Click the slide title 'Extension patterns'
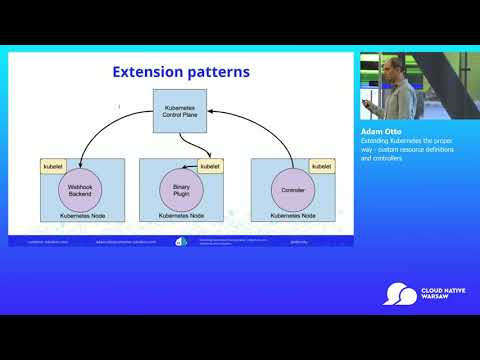click(x=180, y=72)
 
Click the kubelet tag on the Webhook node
click(x=52, y=165)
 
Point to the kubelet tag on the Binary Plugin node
click(x=210, y=165)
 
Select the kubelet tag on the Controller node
click(x=320, y=165)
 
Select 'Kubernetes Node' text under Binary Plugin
click(x=180, y=216)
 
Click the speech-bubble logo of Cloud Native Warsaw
click(x=401, y=294)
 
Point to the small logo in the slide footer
click(x=181, y=241)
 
